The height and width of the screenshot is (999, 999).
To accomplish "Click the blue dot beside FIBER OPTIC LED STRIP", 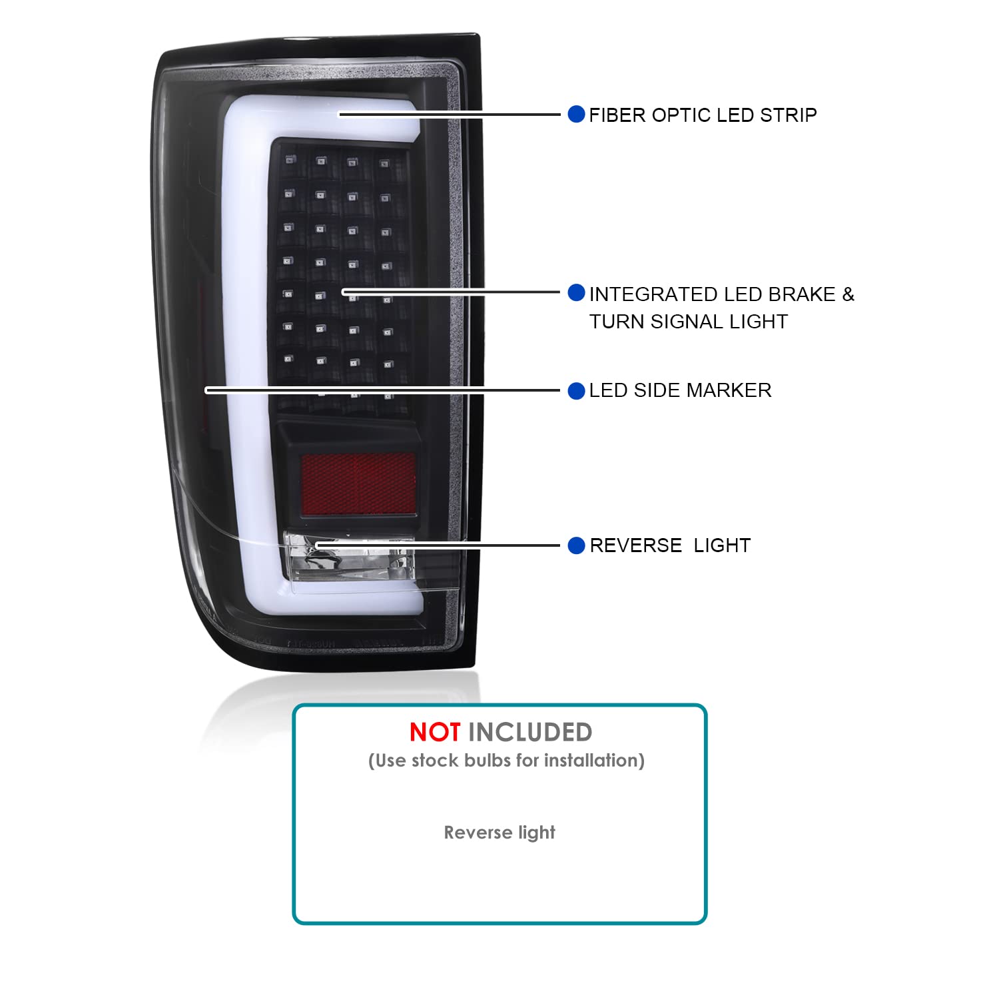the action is [x=576, y=114].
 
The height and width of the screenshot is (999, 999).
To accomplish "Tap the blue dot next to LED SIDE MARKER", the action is [x=576, y=391].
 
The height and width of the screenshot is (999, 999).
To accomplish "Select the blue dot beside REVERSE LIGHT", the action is [x=576, y=546].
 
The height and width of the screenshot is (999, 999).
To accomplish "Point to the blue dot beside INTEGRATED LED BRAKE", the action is [x=576, y=292].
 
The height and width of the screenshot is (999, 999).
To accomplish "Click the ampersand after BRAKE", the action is [x=848, y=294].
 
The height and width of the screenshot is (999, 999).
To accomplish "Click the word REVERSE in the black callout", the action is [x=636, y=545].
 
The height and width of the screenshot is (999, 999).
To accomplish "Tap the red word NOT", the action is [x=435, y=733].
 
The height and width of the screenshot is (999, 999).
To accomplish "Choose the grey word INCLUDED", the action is [x=530, y=733].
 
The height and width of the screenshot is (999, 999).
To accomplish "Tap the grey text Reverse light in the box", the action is [x=499, y=832].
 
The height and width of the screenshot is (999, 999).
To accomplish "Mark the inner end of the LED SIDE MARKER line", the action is [x=206, y=390].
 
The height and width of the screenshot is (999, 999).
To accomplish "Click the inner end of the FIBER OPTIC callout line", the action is [x=340, y=115].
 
